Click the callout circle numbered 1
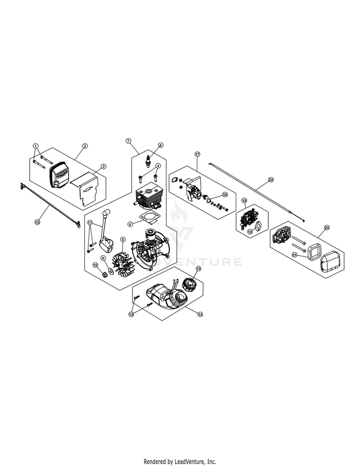coord(35,145)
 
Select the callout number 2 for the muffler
coord(85,145)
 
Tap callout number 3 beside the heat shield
coord(103,167)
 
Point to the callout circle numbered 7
coord(128,141)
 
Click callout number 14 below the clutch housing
coord(200,313)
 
